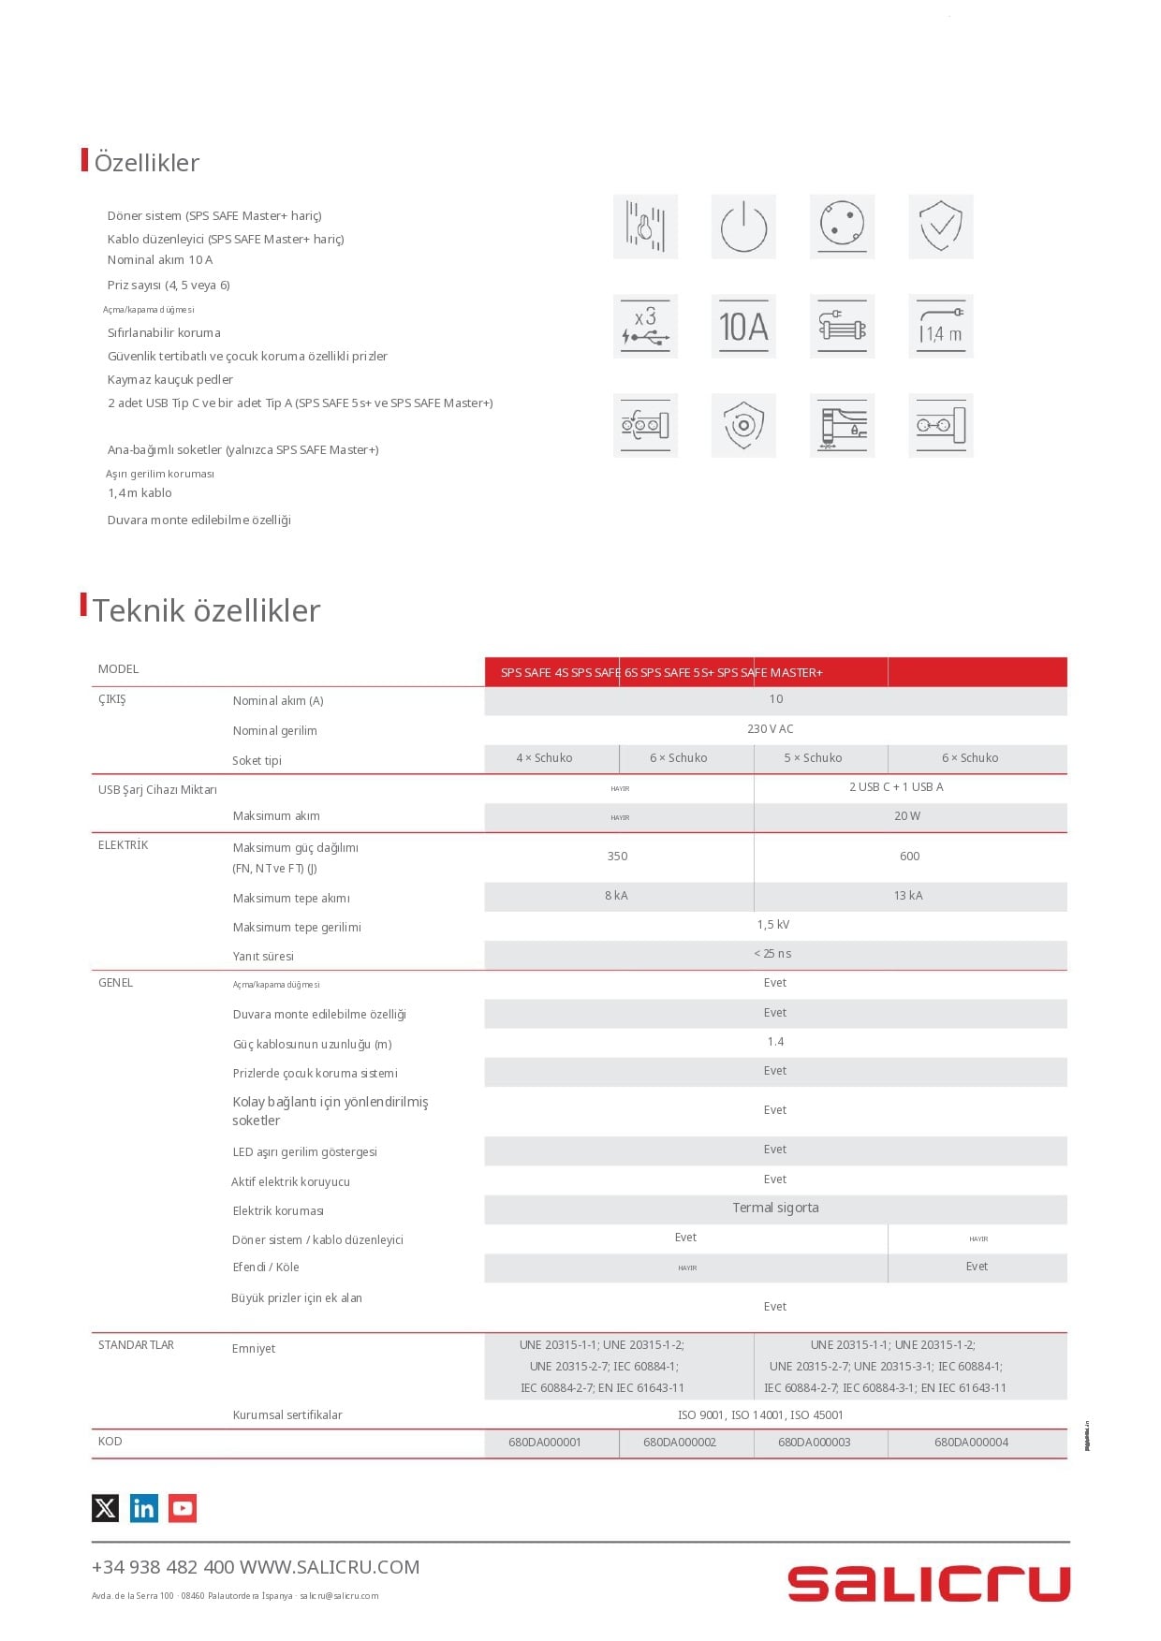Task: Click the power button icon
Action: click(x=743, y=227)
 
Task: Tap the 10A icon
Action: click(x=743, y=327)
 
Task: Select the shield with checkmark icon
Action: click(x=941, y=227)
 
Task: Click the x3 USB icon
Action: click(x=645, y=327)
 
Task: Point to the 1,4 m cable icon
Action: click(x=941, y=327)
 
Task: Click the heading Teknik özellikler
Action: click(x=207, y=610)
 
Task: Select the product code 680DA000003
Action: click(x=814, y=1443)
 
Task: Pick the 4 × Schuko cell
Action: click(x=544, y=758)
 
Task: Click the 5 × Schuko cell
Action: click(x=813, y=758)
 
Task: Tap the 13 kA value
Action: click(x=908, y=896)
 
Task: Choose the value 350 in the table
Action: click(x=617, y=857)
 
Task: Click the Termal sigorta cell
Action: click(x=775, y=1209)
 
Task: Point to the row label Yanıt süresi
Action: click(x=263, y=957)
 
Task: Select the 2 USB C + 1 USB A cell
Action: click(x=896, y=787)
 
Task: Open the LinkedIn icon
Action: click(x=144, y=1508)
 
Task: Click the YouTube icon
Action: click(x=183, y=1508)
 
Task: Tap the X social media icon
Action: click(x=106, y=1508)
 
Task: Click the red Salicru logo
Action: click(x=928, y=1584)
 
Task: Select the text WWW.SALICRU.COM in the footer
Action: click(x=330, y=1567)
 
